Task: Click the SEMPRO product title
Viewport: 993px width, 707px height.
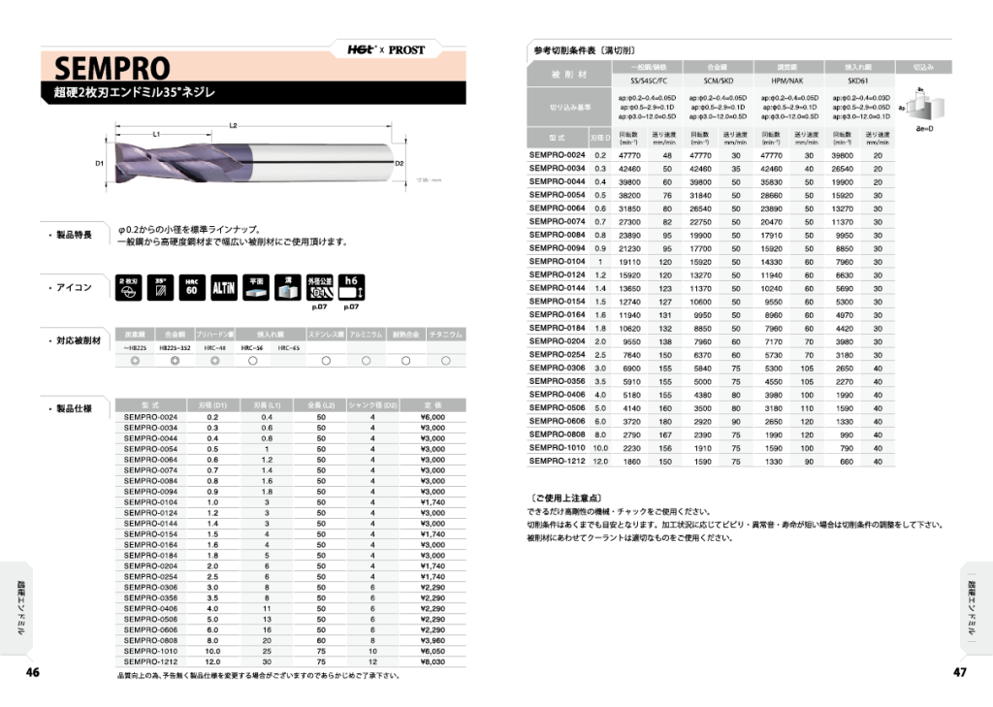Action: (x=112, y=69)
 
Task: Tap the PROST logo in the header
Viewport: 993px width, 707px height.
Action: (x=406, y=49)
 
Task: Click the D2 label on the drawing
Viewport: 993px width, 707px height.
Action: (x=399, y=164)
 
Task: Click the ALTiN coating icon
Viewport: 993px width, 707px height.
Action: (x=224, y=288)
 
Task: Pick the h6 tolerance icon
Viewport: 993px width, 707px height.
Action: (x=351, y=287)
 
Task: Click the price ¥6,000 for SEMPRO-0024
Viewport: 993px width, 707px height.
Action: (x=432, y=417)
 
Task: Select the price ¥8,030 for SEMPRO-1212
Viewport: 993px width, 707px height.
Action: (x=432, y=661)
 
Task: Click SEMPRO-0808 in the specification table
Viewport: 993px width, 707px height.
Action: (x=151, y=640)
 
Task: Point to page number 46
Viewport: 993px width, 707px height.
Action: (x=32, y=672)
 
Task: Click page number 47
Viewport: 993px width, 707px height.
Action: (x=960, y=672)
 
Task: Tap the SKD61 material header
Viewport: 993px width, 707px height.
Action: (x=856, y=81)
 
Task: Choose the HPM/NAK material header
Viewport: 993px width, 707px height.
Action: (x=785, y=81)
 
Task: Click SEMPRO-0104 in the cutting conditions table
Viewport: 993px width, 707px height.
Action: (x=557, y=261)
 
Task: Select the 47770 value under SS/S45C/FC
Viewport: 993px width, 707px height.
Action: (x=630, y=155)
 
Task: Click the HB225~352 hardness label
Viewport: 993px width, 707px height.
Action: (x=176, y=346)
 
